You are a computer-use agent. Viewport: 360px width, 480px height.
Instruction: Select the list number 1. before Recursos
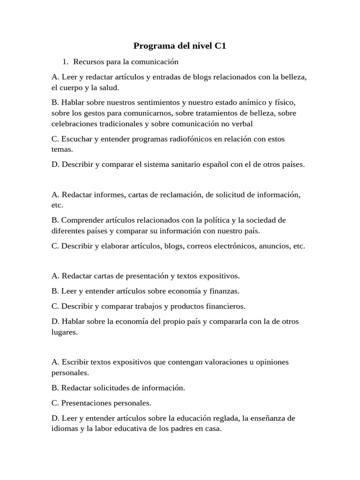click(x=66, y=61)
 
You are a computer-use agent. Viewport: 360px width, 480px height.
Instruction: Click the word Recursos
click(x=90, y=61)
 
